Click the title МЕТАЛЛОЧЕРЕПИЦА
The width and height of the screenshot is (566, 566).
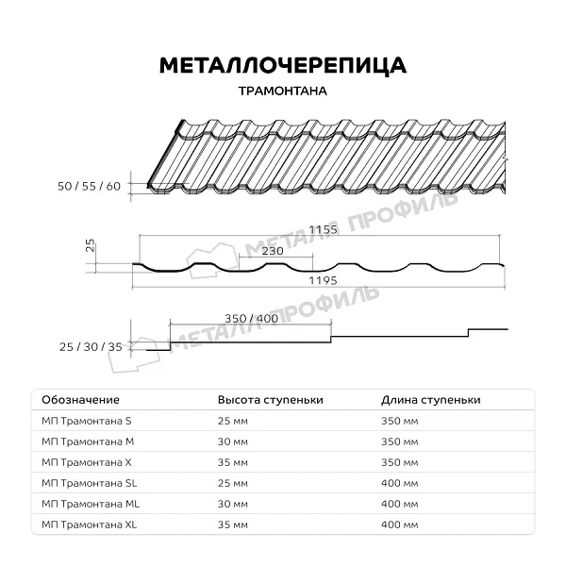pyautogui.click(x=283, y=65)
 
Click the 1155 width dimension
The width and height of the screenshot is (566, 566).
pyautogui.click(x=322, y=230)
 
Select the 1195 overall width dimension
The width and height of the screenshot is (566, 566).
pyautogui.click(x=322, y=280)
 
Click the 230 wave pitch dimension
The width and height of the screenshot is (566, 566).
pyautogui.click(x=272, y=251)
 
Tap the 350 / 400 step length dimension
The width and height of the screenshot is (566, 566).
pyautogui.click(x=252, y=319)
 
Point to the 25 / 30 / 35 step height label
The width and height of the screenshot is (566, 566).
pyautogui.click(x=91, y=347)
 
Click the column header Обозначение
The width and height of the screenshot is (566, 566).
pyautogui.click(x=80, y=400)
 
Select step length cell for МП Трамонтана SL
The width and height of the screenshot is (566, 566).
pyautogui.click(x=400, y=483)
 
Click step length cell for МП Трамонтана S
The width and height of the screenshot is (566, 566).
pyautogui.click(x=400, y=421)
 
